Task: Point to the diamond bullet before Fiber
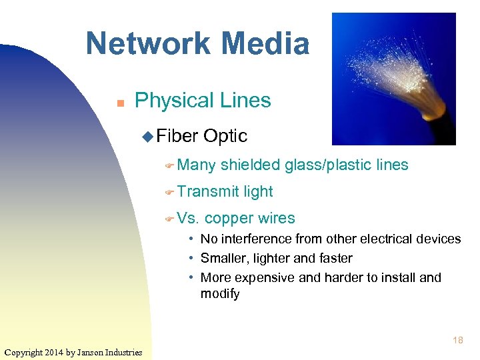147,137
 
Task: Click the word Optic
225,136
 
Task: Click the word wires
277,218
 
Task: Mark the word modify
220,294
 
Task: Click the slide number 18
457,340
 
